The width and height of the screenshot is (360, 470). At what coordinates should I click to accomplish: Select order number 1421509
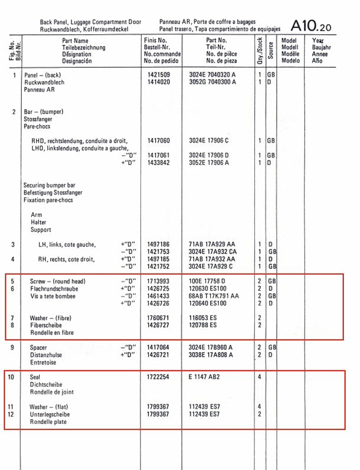(158, 75)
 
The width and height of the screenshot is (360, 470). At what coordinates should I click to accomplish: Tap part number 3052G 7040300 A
(212, 83)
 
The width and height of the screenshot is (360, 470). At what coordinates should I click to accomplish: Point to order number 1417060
(158, 141)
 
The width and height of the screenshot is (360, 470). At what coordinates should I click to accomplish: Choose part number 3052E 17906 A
(208, 162)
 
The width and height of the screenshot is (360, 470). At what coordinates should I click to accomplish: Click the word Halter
(38, 222)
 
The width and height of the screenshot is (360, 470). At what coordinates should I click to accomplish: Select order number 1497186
(158, 244)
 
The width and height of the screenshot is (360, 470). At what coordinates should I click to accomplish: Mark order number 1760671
(158, 318)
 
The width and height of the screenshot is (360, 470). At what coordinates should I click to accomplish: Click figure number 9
(13, 348)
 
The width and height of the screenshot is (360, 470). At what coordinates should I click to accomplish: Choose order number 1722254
(158, 377)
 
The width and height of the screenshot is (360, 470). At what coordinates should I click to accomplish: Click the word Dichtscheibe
(47, 384)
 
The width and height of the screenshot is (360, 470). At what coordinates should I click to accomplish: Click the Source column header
(270, 50)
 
